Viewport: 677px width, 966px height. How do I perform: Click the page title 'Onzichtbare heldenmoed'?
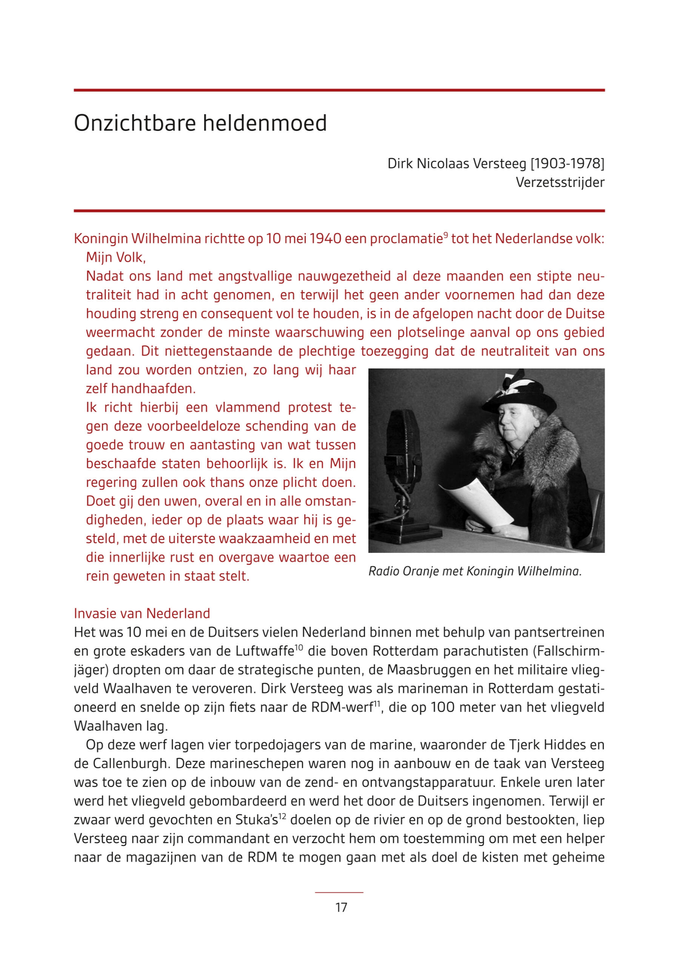tap(200, 123)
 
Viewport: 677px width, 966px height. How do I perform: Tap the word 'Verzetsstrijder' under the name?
tap(560, 183)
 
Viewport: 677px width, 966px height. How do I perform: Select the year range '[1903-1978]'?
tap(567, 164)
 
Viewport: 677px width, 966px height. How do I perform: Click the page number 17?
tap(341, 907)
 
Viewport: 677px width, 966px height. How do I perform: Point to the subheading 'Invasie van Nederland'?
tap(142, 614)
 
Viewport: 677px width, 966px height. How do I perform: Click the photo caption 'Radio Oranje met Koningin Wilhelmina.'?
tap(475, 571)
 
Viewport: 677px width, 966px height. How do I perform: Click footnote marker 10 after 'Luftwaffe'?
tap(299, 648)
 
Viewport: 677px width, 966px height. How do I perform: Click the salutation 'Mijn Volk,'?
tap(116, 257)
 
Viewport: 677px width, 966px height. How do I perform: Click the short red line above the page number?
tap(339, 892)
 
